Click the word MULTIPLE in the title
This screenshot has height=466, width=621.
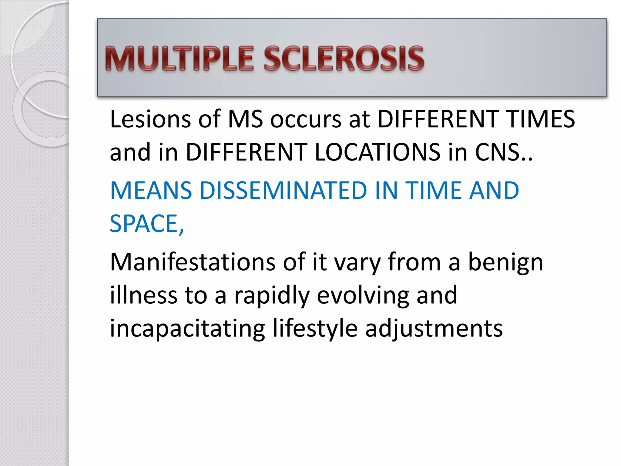click(179, 59)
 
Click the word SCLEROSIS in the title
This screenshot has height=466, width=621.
click(344, 59)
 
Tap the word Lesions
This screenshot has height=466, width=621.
click(150, 119)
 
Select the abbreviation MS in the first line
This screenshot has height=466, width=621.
click(245, 119)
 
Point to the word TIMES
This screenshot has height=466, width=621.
click(541, 119)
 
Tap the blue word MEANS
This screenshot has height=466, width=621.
click(151, 191)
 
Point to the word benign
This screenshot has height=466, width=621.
click(505, 262)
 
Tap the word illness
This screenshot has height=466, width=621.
click(143, 295)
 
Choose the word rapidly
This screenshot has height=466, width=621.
click(272, 296)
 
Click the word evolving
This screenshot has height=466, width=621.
click(363, 296)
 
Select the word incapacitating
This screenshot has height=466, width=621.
click(187, 329)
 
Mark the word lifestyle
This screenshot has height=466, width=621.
click(315, 329)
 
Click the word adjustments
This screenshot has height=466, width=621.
click(434, 329)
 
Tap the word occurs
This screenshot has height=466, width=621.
click(306, 120)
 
